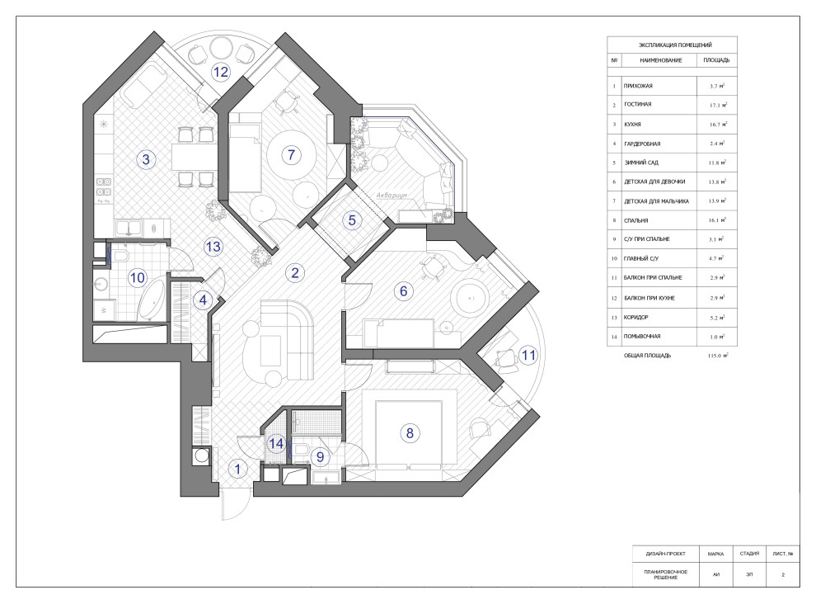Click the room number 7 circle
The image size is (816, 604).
click(292, 154)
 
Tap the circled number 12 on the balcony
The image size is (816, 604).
click(221, 72)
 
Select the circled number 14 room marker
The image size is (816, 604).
click(276, 443)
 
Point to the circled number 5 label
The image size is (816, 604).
click(352, 220)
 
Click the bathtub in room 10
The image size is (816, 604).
click(152, 300)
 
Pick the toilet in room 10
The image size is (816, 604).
click(120, 256)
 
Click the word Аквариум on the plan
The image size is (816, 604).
click(392, 195)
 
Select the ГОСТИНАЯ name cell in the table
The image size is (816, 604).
click(637, 104)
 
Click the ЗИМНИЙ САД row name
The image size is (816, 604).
click(641, 163)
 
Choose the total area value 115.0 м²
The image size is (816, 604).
click(718, 356)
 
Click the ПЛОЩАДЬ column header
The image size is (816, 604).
click(716, 60)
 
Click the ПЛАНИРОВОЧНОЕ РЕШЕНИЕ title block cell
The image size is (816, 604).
click(666, 574)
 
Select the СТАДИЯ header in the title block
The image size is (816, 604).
click(749, 554)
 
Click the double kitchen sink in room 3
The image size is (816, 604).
click(128, 228)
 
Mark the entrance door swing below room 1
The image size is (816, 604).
click(232, 504)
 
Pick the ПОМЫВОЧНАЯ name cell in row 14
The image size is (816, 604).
click(642, 337)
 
